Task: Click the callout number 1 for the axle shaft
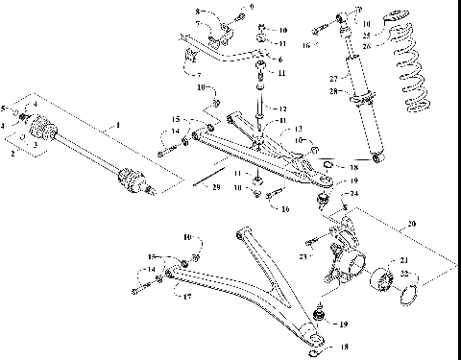click(118, 126)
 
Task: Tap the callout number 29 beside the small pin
click(216, 186)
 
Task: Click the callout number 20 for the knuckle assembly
click(413, 226)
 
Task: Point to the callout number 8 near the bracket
click(198, 12)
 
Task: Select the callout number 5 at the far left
click(5, 107)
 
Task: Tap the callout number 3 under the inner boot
click(36, 146)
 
